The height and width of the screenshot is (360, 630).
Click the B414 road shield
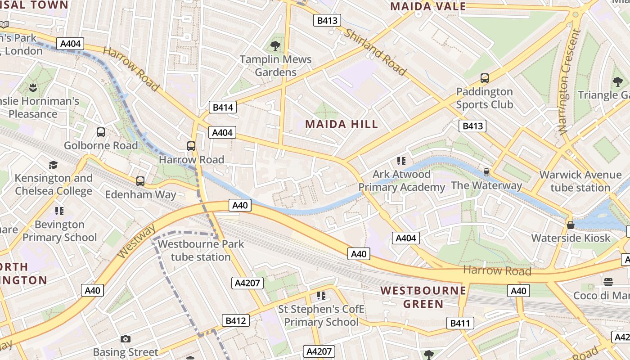point(223,107)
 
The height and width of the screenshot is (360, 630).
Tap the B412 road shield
point(235,320)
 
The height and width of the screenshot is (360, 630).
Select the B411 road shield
point(460,323)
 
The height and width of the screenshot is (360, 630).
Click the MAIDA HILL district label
point(342,124)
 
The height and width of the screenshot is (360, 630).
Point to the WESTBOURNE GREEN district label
point(423,297)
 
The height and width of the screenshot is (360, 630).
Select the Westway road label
point(136,241)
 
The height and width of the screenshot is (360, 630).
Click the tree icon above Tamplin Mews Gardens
point(275,45)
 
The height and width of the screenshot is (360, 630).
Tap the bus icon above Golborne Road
point(101,132)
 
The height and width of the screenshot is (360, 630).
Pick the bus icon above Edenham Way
point(140,181)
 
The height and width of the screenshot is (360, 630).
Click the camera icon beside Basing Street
point(126,339)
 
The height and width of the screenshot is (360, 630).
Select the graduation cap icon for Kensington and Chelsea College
point(54,165)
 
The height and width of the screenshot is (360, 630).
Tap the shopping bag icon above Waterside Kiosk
point(571,225)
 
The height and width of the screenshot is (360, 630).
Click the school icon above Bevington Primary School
point(59,211)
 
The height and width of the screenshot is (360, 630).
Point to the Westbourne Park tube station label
point(201,251)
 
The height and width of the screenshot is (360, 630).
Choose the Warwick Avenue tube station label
point(580,181)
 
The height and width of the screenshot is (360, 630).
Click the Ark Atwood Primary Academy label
point(401,180)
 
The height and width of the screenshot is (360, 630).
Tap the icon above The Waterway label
point(486,172)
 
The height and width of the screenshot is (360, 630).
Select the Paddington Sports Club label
point(484,98)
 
